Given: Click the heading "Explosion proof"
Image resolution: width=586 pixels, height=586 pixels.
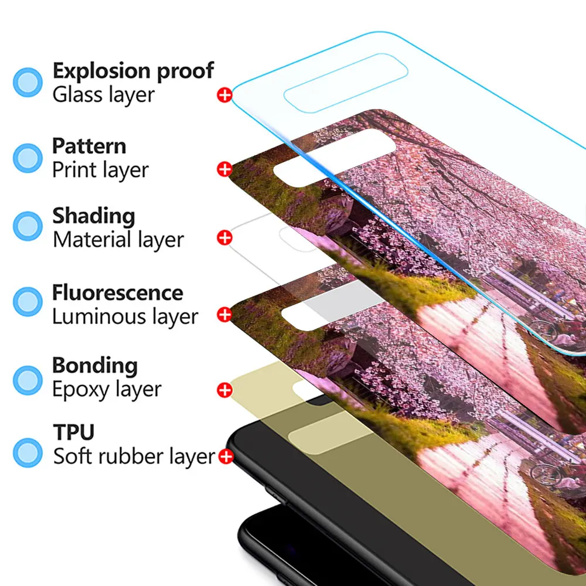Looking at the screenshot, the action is click(133, 70).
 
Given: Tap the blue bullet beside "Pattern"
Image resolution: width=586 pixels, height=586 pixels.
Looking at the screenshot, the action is click(28, 157).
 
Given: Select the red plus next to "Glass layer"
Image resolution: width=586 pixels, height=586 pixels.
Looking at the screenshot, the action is click(224, 95).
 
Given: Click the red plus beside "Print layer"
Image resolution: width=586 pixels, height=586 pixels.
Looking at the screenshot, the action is click(224, 169).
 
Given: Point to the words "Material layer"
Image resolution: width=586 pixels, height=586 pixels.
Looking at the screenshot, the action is click(118, 240).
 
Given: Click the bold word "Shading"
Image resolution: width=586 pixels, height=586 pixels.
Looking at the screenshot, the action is click(94, 216).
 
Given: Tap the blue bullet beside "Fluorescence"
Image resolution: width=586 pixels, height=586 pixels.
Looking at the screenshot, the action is click(28, 302).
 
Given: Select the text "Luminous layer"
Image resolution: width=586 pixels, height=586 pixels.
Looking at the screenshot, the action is click(125, 316).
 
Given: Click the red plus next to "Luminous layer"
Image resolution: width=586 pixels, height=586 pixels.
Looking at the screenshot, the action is click(224, 315).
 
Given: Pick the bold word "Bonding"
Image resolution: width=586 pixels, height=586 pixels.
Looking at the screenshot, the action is click(95, 365).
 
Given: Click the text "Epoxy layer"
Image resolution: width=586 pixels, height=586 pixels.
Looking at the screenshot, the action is click(107, 389).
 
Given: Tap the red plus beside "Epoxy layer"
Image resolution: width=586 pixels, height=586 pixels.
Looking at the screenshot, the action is click(224, 390).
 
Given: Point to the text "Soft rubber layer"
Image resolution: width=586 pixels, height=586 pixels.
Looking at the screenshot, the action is click(134, 456).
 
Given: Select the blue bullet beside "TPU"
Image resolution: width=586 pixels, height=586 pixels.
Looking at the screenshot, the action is click(28, 452).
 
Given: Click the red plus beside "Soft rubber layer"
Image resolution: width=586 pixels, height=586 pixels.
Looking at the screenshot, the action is click(226, 456).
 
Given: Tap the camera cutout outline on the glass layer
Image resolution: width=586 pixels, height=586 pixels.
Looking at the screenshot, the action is click(346, 83).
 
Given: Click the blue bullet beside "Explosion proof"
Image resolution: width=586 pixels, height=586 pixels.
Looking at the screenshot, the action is click(28, 82).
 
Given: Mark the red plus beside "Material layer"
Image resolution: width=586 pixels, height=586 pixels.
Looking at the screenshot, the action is click(224, 238).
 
